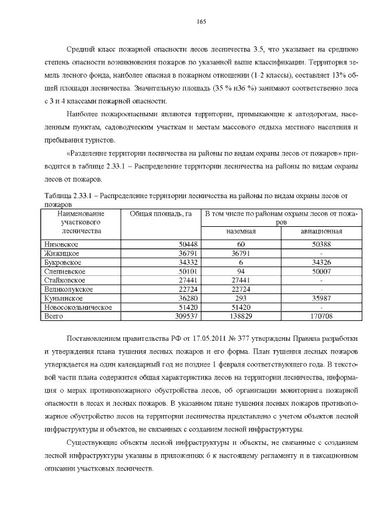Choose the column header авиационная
pos(321,231)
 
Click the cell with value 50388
pos(321,244)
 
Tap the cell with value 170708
pos(321,316)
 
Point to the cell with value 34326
pos(321,262)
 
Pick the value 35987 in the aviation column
pos(321,298)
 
